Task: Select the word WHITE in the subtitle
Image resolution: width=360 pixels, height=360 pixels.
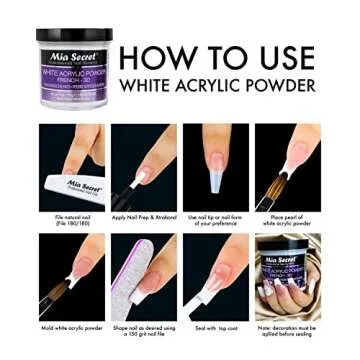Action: coord(146,86)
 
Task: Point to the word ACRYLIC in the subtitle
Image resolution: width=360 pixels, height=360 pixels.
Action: coord(212,86)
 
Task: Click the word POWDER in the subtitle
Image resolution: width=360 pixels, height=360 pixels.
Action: coord(283,86)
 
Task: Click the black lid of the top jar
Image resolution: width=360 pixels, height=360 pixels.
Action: coord(74,35)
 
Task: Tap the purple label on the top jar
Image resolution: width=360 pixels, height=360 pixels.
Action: coord(74,74)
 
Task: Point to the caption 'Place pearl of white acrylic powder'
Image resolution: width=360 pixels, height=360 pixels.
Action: coord(288,219)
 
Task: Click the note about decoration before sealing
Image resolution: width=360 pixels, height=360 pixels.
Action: coord(288,329)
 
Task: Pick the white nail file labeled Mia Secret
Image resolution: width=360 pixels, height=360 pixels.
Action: coord(80,186)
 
